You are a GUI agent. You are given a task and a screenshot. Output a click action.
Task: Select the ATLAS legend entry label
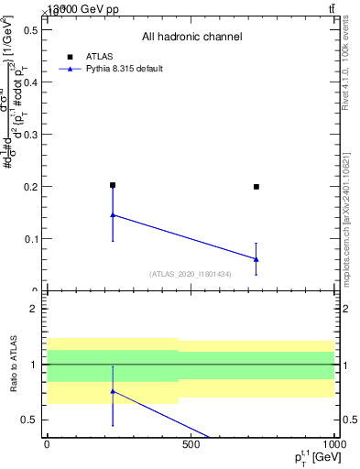coord(101,56)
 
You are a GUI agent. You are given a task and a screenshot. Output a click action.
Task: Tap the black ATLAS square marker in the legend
coord(70,56)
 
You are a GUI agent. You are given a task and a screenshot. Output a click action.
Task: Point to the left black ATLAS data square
coord(113,185)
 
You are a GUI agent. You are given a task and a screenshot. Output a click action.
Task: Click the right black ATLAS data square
coord(256,186)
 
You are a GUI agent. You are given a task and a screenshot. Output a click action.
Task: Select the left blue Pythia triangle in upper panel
coord(113,215)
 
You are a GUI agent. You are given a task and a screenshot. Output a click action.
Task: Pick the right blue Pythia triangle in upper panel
coord(256,259)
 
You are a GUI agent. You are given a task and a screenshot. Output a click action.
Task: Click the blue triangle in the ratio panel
coord(113,391)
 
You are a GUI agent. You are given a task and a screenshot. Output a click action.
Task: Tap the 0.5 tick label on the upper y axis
coord(29,29)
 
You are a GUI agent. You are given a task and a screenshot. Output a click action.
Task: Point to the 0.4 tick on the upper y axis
coord(29,82)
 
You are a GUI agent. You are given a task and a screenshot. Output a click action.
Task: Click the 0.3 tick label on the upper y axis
coord(29,134)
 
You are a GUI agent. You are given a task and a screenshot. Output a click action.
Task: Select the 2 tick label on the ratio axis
coord(33,309)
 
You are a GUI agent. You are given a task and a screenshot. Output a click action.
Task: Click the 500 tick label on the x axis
coord(191,445)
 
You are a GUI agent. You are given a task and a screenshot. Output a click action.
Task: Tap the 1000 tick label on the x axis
coord(332,445)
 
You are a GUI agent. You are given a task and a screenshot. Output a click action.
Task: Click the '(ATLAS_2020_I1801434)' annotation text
coord(191,274)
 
